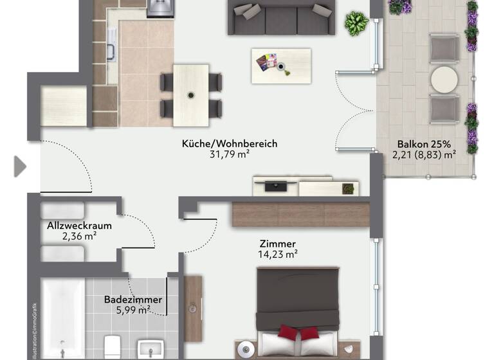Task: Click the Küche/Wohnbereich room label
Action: pos(230,143)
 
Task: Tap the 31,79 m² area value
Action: pos(230,154)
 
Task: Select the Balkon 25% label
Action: pos(414,143)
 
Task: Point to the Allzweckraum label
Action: pos(79,226)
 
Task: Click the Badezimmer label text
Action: pos(133,300)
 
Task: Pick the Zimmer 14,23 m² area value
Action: pos(278,254)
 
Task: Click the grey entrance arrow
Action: pos(20,166)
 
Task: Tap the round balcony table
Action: pos(444,80)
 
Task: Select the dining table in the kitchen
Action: pos(191,94)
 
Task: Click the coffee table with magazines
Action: pos(280,64)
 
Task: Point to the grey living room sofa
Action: pos(281,17)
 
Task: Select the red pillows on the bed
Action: pos(298,333)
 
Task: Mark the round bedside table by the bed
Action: pos(244,350)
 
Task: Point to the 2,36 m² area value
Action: pos(79,236)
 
